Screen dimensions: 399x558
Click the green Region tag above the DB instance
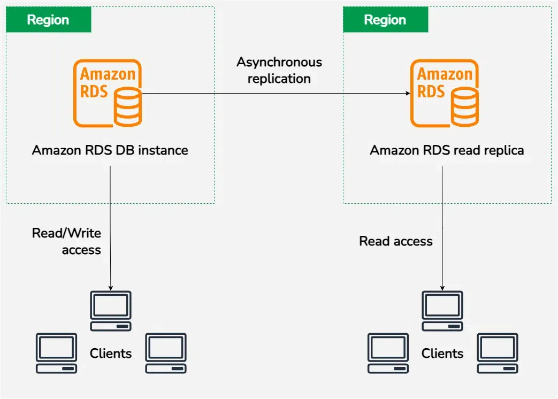(48, 20)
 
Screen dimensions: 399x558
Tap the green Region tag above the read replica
(385, 20)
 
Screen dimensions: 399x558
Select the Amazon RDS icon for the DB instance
(107, 94)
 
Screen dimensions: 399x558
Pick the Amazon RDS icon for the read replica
(444, 94)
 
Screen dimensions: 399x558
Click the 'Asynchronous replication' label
(279, 70)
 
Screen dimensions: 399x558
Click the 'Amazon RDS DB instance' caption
(110, 150)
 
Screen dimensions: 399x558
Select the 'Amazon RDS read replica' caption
(447, 150)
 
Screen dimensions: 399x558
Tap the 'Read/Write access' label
(67, 241)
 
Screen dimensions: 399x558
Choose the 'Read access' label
(396, 241)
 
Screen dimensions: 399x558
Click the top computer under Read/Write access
(110, 311)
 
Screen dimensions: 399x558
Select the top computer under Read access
(442, 311)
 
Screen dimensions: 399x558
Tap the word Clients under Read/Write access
(111, 354)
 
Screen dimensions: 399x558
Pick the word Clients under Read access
(442, 354)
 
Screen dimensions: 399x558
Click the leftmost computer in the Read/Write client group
(56, 353)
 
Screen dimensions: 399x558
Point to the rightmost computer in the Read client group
(498, 353)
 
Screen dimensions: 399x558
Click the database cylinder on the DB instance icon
(128, 107)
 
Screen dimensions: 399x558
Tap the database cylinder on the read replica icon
(465, 107)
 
